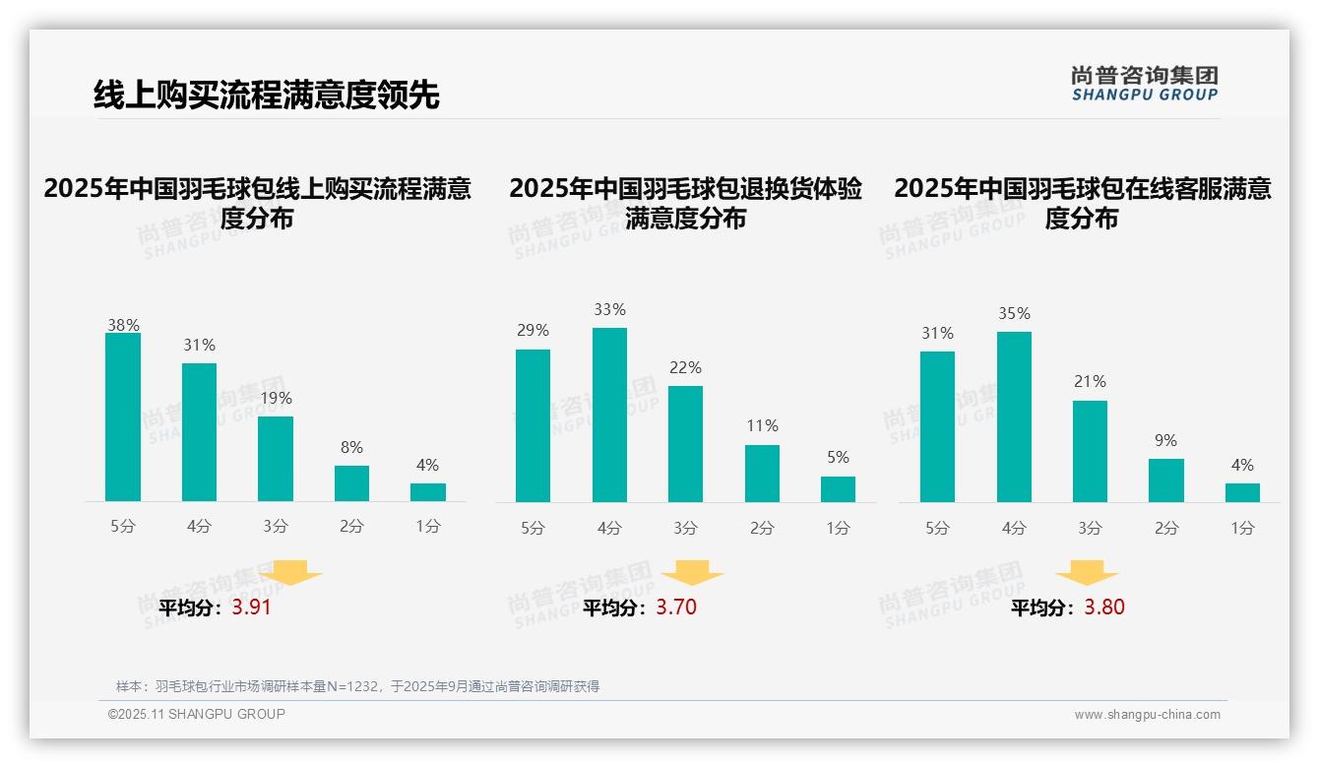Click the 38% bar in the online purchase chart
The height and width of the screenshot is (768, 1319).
click(x=123, y=417)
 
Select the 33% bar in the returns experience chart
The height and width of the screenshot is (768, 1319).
click(x=609, y=415)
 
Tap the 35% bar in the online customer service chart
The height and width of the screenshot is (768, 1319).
click(x=1014, y=416)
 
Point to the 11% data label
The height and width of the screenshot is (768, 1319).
click(x=762, y=426)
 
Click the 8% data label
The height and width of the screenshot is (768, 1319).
click(x=351, y=446)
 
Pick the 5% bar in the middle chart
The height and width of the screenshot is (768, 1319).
click(x=838, y=489)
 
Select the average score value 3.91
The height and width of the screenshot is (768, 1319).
click(x=251, y=608)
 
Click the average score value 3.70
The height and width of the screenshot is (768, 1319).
click(x=676, y=608)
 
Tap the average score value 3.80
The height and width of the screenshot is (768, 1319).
click(x=1104, y=608)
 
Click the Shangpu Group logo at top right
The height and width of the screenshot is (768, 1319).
click(x=1144, y=84)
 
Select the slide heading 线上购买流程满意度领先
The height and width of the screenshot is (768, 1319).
click(x=266, y=96)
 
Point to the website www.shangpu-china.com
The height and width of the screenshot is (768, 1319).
click(x=1147, y=715)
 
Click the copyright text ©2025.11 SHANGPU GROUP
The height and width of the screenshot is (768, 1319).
click(x=197, y=714)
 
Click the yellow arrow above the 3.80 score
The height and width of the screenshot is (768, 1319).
click(x=1087, y=573)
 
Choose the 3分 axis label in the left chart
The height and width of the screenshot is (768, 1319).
click(x=276, y=527)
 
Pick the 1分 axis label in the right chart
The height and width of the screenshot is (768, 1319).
click(x=1242, y=529)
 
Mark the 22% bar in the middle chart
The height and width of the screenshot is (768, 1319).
click(x=685, y=444)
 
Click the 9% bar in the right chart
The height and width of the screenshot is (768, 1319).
click(x=1166, y=480)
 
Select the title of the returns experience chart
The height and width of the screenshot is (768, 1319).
click(x=685, y=203)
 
